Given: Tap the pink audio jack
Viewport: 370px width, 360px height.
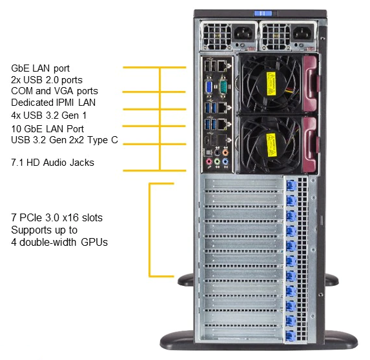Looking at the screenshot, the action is [209, 162].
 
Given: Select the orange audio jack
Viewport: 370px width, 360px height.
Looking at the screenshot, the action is [225, 152].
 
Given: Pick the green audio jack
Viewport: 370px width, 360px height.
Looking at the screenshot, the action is [217, 162].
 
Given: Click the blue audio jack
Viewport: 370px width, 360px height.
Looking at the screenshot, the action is [225, 162].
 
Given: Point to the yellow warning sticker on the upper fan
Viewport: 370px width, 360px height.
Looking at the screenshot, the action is [271, 84].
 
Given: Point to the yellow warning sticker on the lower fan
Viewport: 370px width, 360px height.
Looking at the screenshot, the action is [271, 145].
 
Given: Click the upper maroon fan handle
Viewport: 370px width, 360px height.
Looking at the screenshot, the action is [311, 83].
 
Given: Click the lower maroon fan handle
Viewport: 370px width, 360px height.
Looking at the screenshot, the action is [311, 145].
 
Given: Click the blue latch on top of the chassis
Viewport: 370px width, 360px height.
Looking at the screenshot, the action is [263, 14].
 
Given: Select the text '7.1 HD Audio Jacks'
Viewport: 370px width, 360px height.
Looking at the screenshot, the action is [52, 163].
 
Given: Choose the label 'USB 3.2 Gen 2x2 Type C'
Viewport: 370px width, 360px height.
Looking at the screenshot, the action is [65, 140].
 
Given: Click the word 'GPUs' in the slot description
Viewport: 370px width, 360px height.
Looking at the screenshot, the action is [94, 242].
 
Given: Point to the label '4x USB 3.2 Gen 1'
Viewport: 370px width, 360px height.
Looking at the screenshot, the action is [49, 115].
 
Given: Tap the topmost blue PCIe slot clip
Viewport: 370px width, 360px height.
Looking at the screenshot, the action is [291, 186].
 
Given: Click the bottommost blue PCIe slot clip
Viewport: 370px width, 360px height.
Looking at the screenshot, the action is [291, 335].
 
